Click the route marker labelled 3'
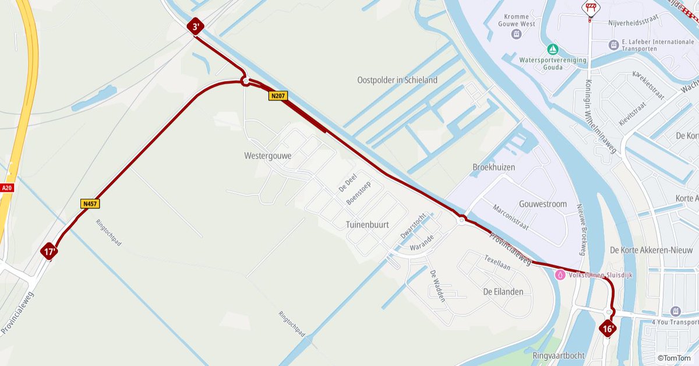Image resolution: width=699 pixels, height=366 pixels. click(x=195, y=26)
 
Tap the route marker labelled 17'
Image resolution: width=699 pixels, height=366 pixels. click(x=49, y=252)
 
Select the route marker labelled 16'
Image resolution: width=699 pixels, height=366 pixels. click(x=607, y=329)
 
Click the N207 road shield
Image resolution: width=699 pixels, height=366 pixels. click(x=278, y=96)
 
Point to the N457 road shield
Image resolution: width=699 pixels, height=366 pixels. click(x=90, y=203)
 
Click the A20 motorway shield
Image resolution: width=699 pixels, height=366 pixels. click(x=7, y=188)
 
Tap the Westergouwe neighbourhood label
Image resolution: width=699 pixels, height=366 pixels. click(x=268, y=156)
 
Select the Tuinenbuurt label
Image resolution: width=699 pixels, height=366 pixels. click(x=367, y=224)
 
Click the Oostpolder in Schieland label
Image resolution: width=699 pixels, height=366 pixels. click(x=397, y=80)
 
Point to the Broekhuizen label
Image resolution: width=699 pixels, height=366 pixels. click(x=493, y=167)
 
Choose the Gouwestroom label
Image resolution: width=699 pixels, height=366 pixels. click(x=542, y=204)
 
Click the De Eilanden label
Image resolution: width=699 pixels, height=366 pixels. click(x=503, y=291)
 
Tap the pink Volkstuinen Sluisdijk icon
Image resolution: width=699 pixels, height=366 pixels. click(x=560, y=274)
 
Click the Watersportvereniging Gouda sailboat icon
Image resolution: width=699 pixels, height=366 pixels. click(x=552, y=49)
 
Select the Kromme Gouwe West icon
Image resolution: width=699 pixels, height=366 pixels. click(x=516, y=34)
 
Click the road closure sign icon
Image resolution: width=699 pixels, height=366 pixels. click(x=590, y=8)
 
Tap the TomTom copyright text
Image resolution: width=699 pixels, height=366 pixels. click(x=677, y=358)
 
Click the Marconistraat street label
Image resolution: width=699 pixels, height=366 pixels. click(x=510, y=217)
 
